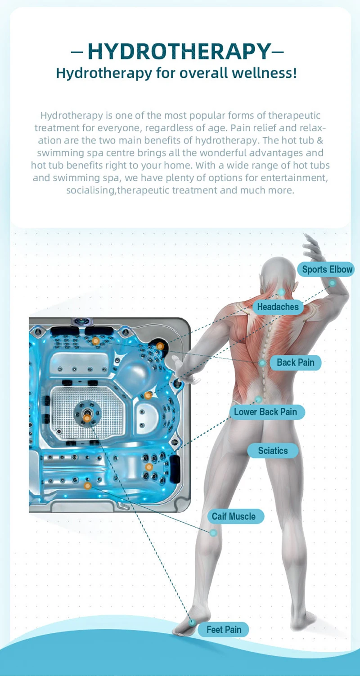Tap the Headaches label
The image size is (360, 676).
click(x=278, y=307)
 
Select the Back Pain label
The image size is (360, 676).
click(x=295, y=363)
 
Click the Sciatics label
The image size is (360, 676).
click(x=273, y=451)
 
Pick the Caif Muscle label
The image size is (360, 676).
click(x=235, y=516)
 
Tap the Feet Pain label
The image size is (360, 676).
click(x=224, y=630)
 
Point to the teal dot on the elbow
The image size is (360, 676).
click(x=332, y=283)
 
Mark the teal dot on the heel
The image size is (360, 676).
click(x=192, y=622)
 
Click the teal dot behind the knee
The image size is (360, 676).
click(x=213, y=533)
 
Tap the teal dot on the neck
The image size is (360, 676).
click(x=281, y=292)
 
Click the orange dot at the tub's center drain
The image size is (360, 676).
click(x=87, y=418)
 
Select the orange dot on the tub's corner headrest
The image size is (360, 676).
click(x=160, y=346)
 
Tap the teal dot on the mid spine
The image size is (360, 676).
click(x=262, y=363)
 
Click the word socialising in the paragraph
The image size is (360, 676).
click(x=91, y=190)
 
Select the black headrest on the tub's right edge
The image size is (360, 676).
click(x=175, y=467)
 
